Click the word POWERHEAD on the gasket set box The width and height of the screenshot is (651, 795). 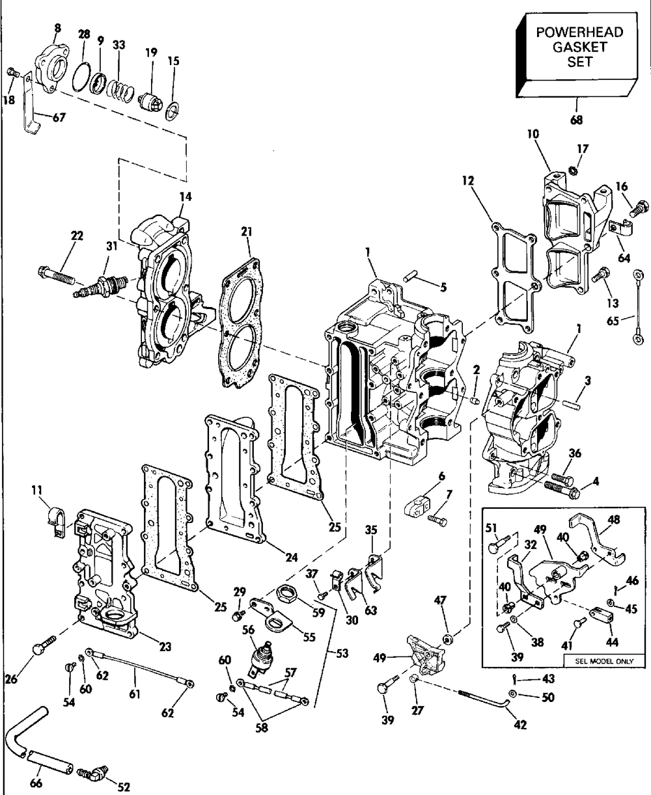pos(579,33)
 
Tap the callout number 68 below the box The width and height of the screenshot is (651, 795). pos(576,120)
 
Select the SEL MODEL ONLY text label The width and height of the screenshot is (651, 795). pos(604,661)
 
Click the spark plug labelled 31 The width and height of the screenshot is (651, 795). pos(101,286)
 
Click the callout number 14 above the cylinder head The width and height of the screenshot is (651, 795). pos(185,196)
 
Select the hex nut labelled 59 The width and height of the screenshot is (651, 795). pos(286,594)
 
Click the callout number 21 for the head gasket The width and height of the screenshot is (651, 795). pos(247,232)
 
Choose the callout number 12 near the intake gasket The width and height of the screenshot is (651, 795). pos(467,181)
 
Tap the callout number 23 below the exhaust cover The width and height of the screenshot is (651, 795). pos(165,647)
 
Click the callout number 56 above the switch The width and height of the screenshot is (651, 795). pos(249,630)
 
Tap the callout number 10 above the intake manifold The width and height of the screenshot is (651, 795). pos(533,134)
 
